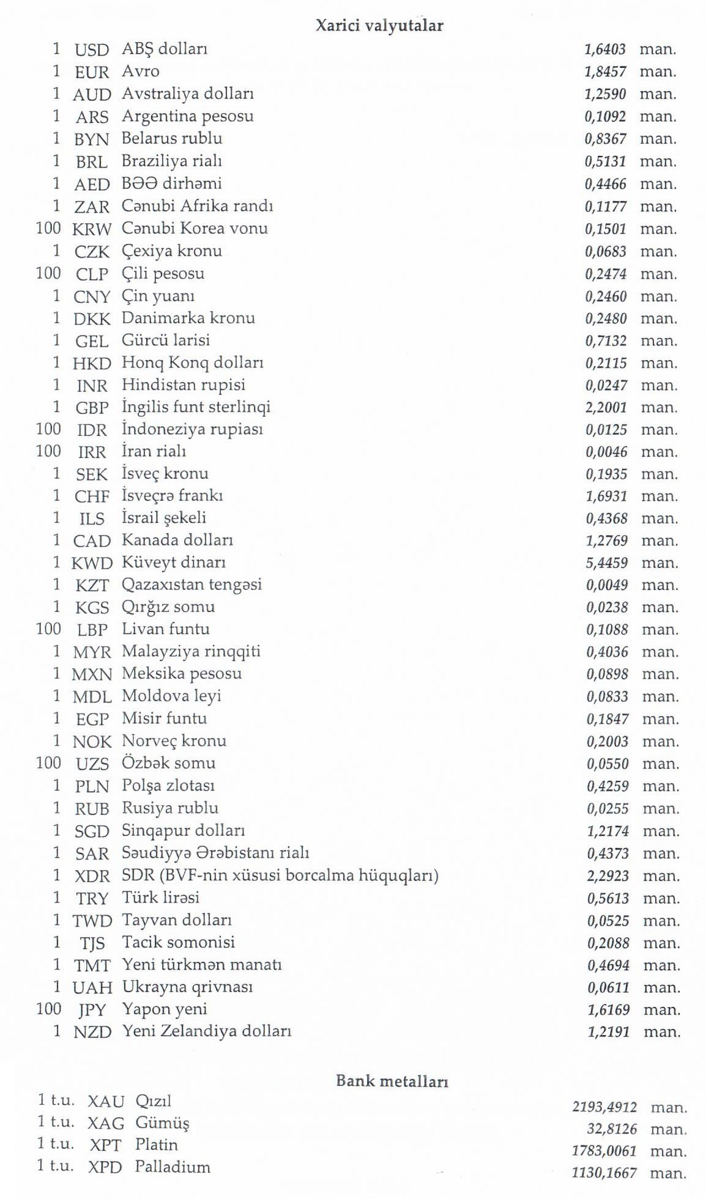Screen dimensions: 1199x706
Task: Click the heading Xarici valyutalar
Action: coord(379,26)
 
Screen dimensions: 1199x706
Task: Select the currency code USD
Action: coord(92,50)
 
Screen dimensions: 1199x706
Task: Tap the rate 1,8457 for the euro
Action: coord(605,72)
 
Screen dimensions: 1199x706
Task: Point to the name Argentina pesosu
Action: coord(187,116)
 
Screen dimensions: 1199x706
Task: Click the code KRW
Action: coord(92,229)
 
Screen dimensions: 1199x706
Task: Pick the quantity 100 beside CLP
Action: coord(48,273)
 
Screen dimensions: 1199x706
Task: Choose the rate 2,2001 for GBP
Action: coord(606,407)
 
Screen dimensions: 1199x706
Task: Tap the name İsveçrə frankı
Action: coord(172,495)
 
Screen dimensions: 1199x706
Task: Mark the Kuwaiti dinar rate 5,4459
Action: coord(607,563)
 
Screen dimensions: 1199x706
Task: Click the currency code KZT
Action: coord(92,585)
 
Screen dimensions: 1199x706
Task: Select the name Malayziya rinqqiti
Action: coord(191,651)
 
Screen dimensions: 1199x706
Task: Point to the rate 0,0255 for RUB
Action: coord(608,808)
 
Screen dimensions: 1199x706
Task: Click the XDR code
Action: coord(92,876)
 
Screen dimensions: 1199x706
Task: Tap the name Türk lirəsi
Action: coord(160,898)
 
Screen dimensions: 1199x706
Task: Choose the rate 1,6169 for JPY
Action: coord(608,1009)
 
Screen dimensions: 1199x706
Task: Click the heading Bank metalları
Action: coord(392,1081)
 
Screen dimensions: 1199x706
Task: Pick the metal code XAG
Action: coord(106,1123)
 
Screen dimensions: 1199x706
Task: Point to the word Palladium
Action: coord(173,1167)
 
